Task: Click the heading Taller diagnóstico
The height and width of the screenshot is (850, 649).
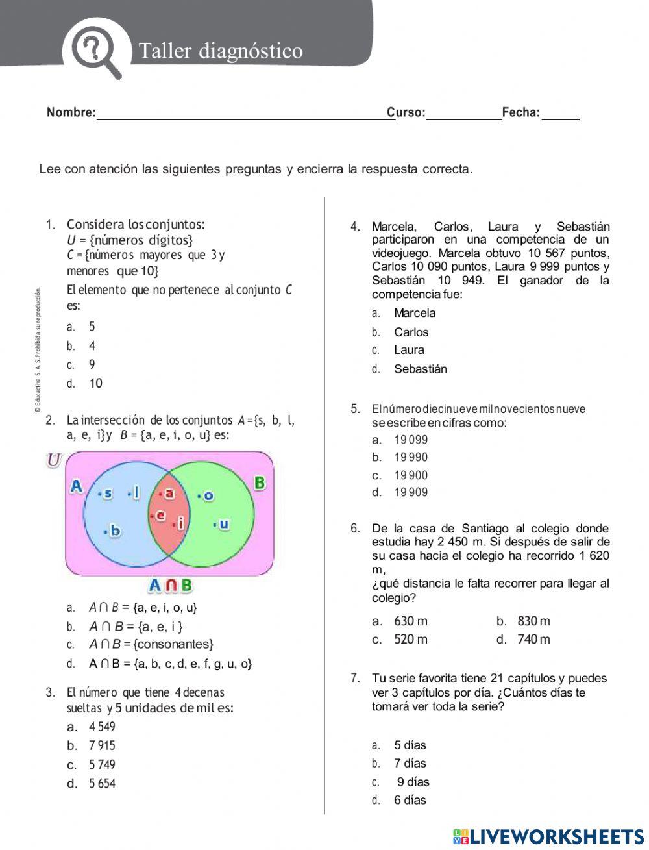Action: (221, 51)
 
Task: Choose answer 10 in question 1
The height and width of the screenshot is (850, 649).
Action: (95, 384)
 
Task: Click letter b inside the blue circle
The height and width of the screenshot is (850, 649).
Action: (114, 531)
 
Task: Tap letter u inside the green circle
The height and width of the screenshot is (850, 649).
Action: (223, 523)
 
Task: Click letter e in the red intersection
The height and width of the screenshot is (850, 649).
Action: (160, 516)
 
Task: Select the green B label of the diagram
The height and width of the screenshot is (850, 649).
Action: (260, 483)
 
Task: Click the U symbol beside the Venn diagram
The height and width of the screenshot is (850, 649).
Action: (54, 460)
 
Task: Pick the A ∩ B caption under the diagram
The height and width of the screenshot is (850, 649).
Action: (170, 585)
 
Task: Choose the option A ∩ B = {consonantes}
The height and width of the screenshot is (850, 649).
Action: (151, 644)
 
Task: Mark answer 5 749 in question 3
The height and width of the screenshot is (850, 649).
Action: (102, 765)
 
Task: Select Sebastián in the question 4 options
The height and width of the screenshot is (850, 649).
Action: (420, 369)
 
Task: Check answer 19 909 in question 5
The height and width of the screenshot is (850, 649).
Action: (411, 492)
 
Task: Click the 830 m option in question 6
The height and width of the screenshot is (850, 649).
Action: (533, 621)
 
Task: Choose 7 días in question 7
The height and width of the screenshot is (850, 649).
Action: (410, 763)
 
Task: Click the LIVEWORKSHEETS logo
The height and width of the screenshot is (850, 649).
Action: (548, 836)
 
